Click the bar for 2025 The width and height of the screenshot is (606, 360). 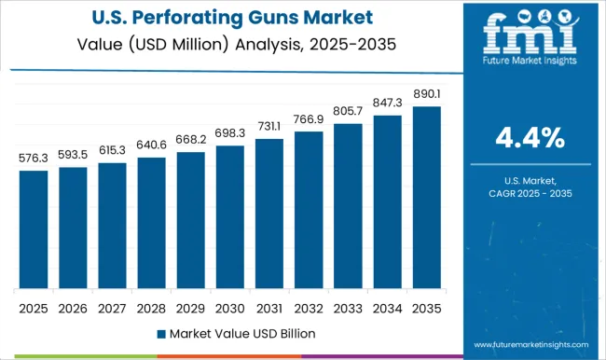[x=33, y=228]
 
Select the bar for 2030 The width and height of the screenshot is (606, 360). [x=229, y=216]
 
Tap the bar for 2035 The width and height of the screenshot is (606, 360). [x=425, y=197]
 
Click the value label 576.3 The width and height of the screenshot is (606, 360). [x=33, y=159]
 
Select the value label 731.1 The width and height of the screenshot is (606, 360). [x=269, y=127]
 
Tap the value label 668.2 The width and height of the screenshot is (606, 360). [x=190, y=141]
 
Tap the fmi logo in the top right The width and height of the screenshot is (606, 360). [x=528, y=42]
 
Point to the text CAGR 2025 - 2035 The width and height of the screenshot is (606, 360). [x=528, y=192]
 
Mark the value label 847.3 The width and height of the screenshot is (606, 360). [x=386, y=104]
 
